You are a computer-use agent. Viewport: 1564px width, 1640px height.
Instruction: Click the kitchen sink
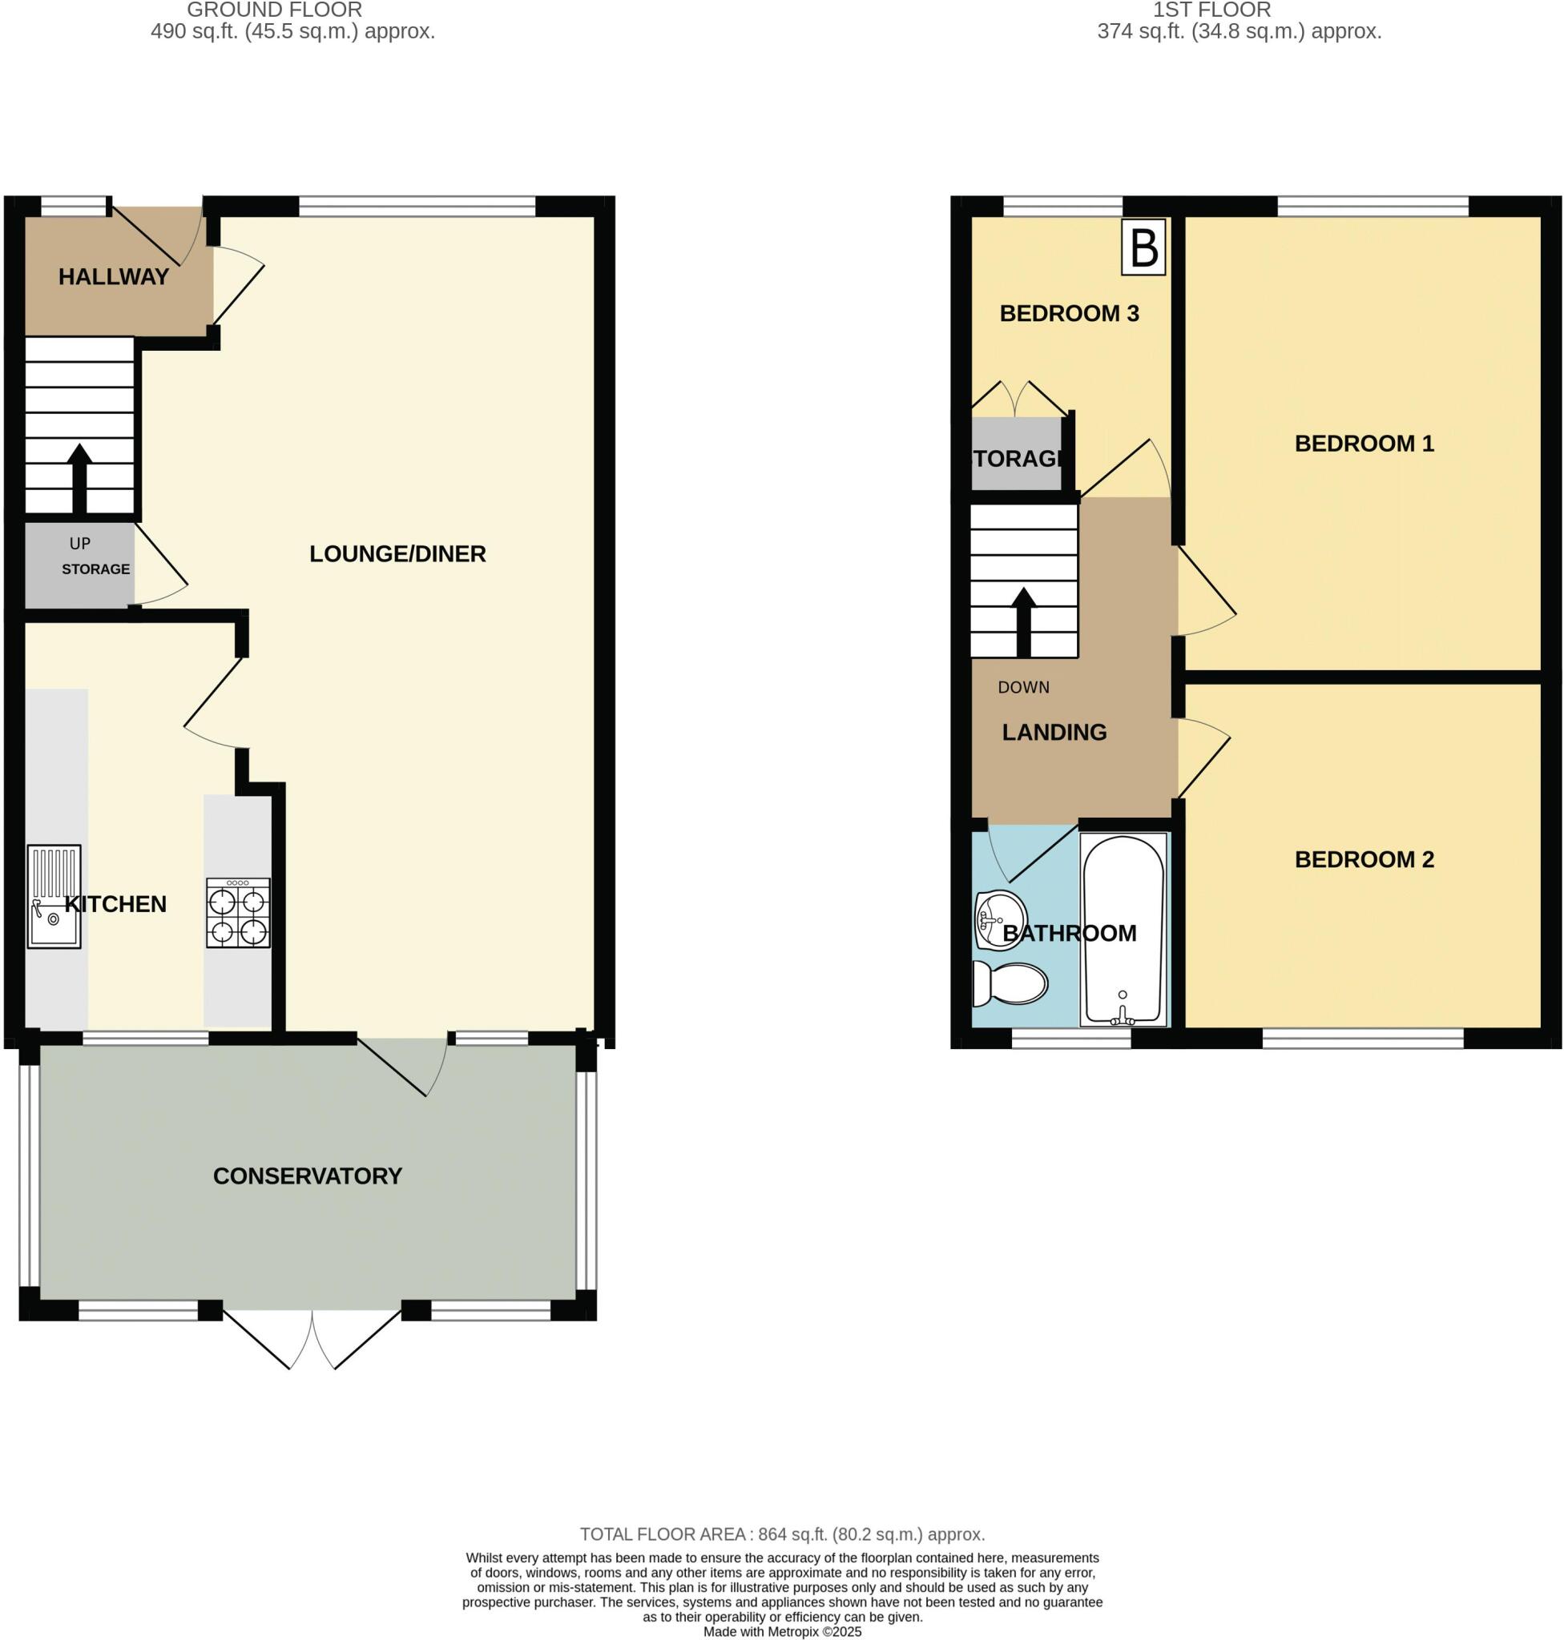[54, 897]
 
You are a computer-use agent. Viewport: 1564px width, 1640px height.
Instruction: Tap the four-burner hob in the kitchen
[239, 914]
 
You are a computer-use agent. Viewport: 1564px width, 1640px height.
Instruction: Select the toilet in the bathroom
[1010, 984]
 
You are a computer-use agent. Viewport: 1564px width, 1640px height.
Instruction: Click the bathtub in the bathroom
[1123, 930]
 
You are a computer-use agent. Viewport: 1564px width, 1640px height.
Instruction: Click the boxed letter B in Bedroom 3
[1143, 247]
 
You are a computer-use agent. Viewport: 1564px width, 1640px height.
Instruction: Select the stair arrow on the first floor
[1024, 621]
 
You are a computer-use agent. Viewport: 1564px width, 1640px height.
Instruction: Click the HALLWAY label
[114, 276]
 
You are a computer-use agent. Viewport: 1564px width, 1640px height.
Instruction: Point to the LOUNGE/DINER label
[397, 554]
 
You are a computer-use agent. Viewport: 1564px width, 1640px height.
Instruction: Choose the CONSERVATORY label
[308, 1176]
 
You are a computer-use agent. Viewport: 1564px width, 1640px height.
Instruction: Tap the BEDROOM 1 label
[1364, 444]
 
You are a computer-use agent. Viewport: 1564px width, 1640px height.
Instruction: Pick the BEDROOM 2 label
[1364, 859]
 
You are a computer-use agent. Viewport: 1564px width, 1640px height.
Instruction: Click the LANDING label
[1054, 733]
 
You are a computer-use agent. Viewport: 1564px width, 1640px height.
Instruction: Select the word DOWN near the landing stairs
[1024, 688]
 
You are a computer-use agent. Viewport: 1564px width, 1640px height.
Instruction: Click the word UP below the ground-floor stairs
[80, 544]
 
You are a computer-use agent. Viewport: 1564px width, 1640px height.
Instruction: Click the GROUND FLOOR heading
[274, 10]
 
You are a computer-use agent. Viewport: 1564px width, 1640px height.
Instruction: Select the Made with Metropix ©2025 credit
[782, 1632]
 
